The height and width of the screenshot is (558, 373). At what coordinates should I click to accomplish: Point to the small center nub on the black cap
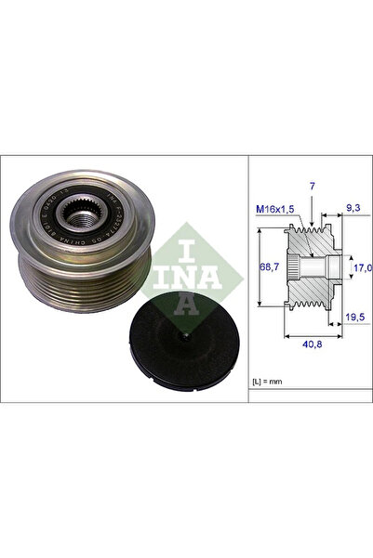[186, 332]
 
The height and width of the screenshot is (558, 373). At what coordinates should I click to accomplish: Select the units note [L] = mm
[271, 383]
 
